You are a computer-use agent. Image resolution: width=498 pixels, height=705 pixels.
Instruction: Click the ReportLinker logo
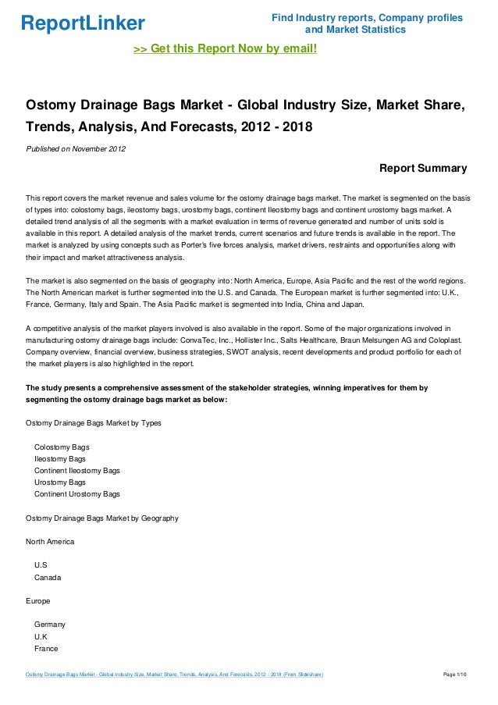point(82,23)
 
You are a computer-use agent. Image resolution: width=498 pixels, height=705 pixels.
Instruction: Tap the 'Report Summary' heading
point(422,168)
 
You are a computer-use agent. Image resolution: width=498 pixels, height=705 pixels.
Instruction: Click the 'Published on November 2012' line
point(76,148)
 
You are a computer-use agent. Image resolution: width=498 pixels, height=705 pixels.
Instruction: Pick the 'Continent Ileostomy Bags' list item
point(76,471)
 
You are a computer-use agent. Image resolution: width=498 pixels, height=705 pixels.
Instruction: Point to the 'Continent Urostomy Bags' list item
point(76,494)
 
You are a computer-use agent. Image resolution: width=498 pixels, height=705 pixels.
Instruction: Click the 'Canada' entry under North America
point(48,578)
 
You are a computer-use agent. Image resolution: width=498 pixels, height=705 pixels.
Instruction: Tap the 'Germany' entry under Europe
point(50,625)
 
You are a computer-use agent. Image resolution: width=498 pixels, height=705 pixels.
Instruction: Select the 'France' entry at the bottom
point(47,648)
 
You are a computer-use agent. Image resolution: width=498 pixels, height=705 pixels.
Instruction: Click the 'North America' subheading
point(51,541)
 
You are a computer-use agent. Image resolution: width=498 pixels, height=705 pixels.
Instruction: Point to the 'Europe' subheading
point(38,601)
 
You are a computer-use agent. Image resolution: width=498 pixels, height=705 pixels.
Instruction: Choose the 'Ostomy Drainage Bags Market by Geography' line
point(101,518)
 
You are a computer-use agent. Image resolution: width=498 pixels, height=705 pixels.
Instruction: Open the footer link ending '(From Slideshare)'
point(175,674)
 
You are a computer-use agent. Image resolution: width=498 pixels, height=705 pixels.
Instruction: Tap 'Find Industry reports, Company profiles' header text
point(366,18)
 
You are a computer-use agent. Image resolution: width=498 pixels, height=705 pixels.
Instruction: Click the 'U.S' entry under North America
point(41,564)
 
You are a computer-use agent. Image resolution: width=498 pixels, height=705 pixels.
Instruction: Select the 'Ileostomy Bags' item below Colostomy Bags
point(60,459)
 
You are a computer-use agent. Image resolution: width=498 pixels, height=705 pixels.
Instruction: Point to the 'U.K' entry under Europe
point(41,636)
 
